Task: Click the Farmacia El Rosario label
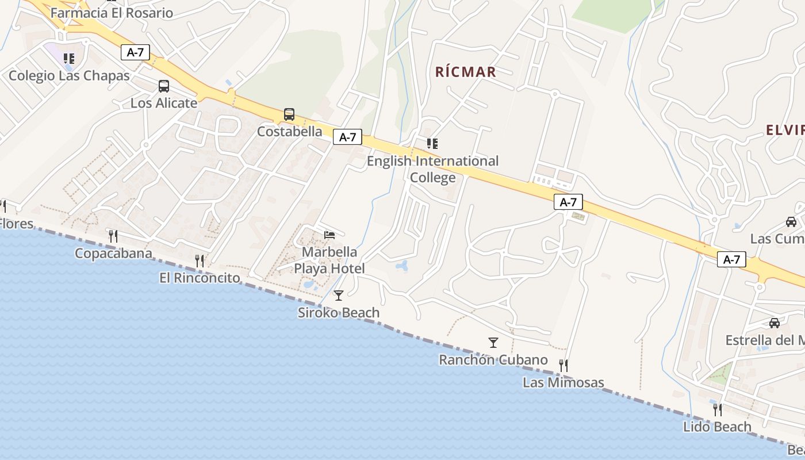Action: (112, 13)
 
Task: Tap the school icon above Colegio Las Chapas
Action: (69, 58)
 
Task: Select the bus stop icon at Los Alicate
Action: (164, 86)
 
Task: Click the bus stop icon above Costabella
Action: (289, 114)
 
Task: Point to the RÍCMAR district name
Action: (465, 72)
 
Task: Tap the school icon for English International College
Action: (432, 143)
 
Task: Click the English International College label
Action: (432, 169)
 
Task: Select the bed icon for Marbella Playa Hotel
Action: (329, 235)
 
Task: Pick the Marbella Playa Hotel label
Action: (329, 260)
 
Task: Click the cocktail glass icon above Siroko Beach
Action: (339, 296)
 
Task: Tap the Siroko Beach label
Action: (339, 313)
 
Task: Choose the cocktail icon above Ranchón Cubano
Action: (493, 343)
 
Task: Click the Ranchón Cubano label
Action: (493, 360)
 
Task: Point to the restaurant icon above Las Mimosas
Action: (563, 365)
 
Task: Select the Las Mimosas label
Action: (563, 382)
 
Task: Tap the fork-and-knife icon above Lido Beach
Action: (718, 409)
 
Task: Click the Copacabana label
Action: (114, 254)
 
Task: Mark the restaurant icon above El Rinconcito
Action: (200, 261)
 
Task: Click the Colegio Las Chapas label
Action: (69, 75)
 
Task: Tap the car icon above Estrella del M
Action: (775, 323)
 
